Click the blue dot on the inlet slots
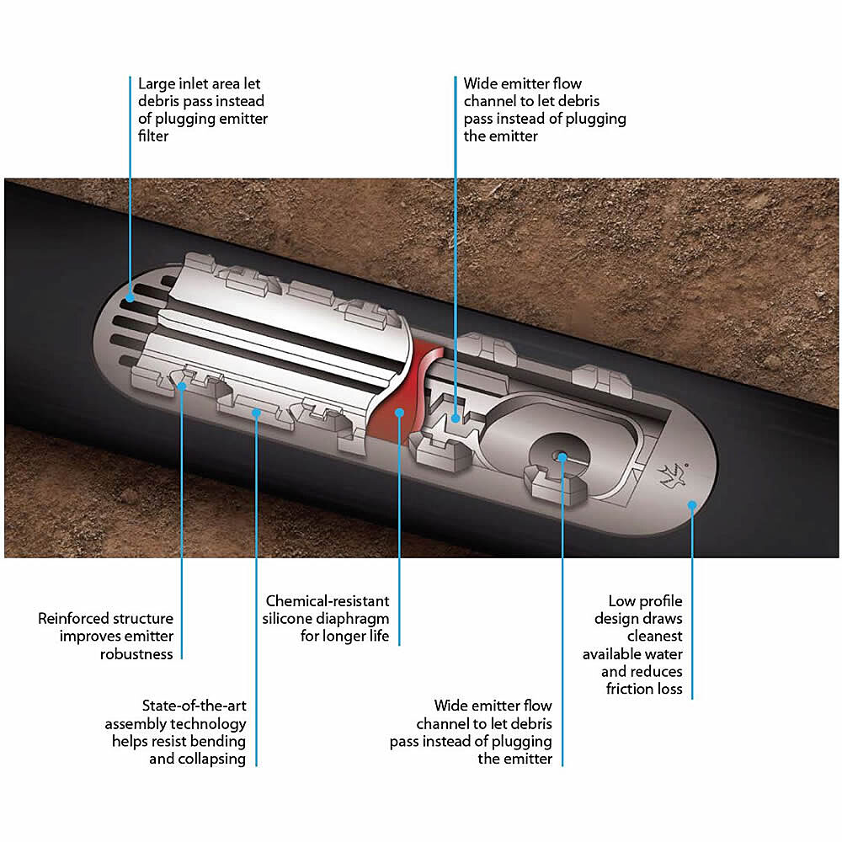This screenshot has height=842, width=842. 131,298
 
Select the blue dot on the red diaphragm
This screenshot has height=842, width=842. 399,413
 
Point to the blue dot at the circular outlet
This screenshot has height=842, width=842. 562,457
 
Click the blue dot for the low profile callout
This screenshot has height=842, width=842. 692,504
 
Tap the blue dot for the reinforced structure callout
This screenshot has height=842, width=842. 182,386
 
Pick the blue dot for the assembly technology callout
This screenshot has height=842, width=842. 257,413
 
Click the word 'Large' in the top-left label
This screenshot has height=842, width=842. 157,84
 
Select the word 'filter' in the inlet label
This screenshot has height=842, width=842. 153,136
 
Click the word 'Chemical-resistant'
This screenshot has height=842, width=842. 328,601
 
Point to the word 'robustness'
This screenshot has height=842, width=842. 136,654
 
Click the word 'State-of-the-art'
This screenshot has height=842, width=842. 194,706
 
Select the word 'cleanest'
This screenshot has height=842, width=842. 654,637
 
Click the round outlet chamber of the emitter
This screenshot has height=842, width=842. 558,454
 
